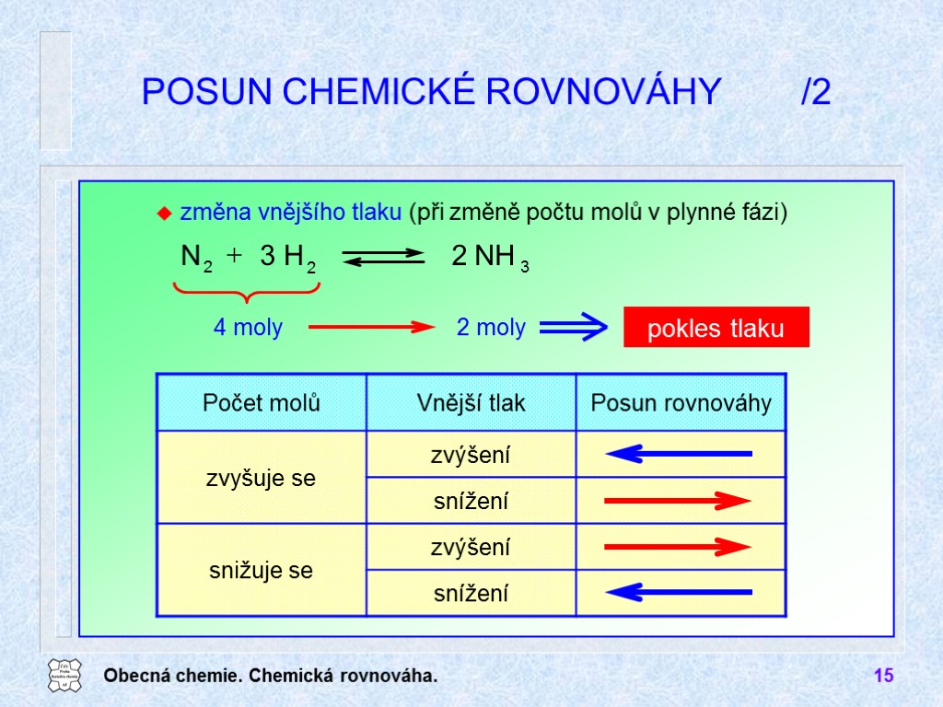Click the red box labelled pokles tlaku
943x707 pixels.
716,327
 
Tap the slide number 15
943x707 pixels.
883,677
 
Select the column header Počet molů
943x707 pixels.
262,402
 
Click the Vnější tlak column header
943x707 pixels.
471,402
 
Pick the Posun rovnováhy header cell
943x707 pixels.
681,402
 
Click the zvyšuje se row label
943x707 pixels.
262,478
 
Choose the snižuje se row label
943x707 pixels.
262,570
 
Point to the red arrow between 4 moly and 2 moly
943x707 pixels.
370,327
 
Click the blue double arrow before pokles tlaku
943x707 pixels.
573,327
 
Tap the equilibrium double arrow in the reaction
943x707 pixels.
383,258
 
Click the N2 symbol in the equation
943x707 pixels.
196,259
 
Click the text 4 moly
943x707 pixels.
248,327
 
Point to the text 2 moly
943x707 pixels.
491,327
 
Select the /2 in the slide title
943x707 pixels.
816,92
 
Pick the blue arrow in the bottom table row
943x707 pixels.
680,592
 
